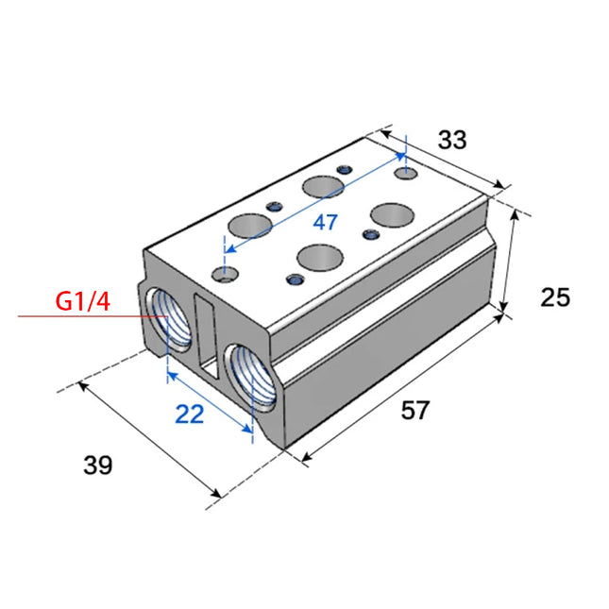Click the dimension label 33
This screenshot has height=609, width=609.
(452, 140)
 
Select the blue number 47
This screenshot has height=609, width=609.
(326, 224)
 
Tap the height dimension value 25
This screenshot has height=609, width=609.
(555, 297)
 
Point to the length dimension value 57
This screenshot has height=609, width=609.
(415, 411)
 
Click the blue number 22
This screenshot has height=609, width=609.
(190, 414)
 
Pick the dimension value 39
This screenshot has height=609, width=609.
(98, 465)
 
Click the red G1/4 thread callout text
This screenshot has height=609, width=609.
(82, 302)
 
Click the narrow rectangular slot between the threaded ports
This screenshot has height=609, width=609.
(204, 330)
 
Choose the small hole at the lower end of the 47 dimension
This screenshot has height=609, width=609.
(224, 275)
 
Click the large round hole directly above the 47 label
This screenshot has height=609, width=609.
(322, 187)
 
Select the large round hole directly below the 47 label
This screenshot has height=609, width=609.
(319, 256)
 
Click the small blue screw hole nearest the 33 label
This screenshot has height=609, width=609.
(346, 170)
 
